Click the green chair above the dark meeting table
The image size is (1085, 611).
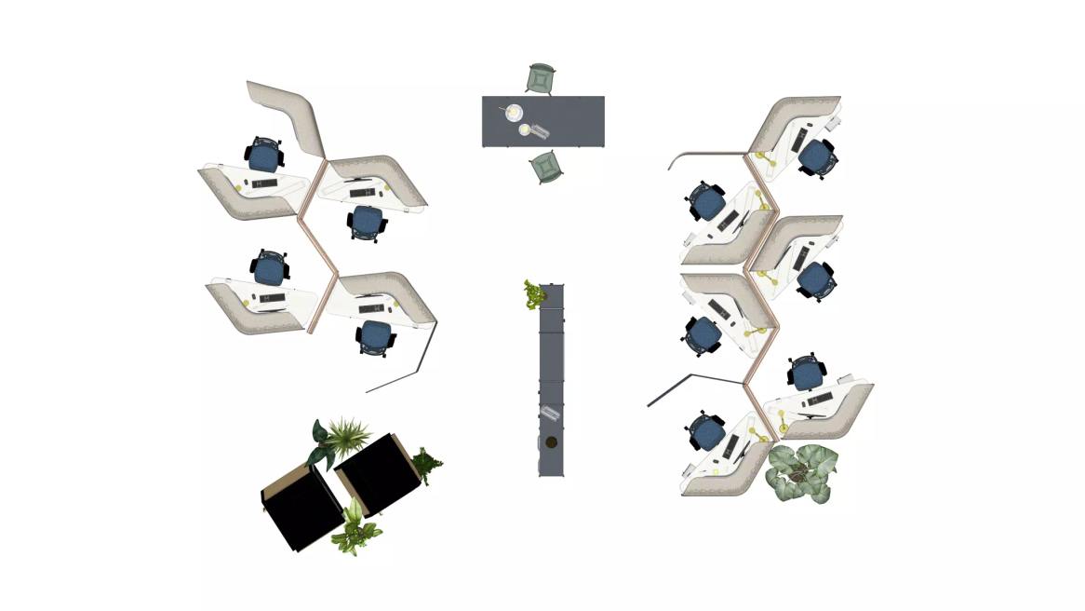pyautogui.click(x=541, y=78)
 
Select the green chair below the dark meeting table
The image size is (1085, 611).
pyautogui.click(x=546, y=167)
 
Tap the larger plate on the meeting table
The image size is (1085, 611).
pyautogui.click(x=514, y=113)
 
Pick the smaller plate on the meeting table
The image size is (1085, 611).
pyautogui.click(x=526, y=129)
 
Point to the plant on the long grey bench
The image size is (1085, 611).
pyautogui.click(x=534, y=294)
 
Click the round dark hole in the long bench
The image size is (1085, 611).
pyautogui.click(x=551, y=442)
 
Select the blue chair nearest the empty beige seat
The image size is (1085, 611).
pyautogui.click(x=264, y=155)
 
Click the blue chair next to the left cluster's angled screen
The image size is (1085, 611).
pyautogui.click(x=375, y=337)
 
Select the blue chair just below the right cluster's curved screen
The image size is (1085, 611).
pyautogui.click(x=706, y=202)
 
